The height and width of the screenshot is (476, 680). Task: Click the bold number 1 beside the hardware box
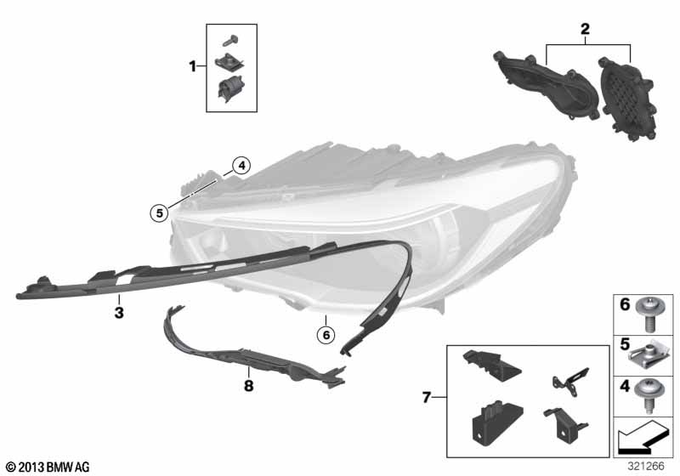pos(193,67)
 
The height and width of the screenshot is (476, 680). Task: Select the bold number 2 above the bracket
pos(585,29)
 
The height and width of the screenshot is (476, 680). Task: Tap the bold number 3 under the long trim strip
pos(119,313)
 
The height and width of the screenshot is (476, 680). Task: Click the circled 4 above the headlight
pos(241,165)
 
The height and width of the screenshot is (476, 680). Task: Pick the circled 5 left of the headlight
pos(159,212)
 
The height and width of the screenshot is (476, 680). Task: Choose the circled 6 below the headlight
pos(326,334)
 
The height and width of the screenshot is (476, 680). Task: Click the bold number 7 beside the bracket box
pos(427,397)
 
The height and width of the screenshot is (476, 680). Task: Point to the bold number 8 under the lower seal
pos(248,385)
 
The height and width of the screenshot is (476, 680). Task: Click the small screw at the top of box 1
pos(230,41)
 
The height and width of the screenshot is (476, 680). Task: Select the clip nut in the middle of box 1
pos(229,62)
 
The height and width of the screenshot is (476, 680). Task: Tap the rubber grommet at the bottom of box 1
pos(229,89)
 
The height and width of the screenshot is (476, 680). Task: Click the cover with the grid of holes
pos(627,98)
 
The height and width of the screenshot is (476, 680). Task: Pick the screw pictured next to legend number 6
pos(650,314)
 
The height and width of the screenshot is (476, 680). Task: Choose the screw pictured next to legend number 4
pos(649,396)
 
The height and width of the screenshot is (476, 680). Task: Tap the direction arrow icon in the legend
pos(643,437)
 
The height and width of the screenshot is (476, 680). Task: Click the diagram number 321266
pos(646,466)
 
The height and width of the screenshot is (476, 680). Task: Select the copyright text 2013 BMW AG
pos(48,467)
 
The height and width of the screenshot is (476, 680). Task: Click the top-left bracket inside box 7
pos(492,365)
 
